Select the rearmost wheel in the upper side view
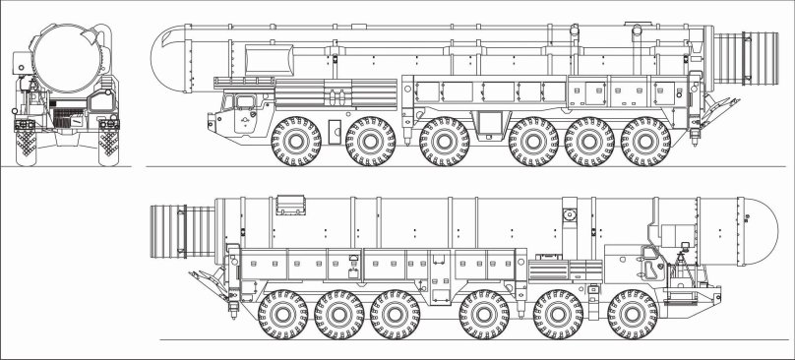pyautogui.click(x=645, y=141)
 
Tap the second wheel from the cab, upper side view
pyautogui.click(x=371, y=141)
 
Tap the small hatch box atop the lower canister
pyautogui.click(x=289, y=205)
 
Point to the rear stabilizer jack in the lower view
pyautogui.click(x=213, y=281)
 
